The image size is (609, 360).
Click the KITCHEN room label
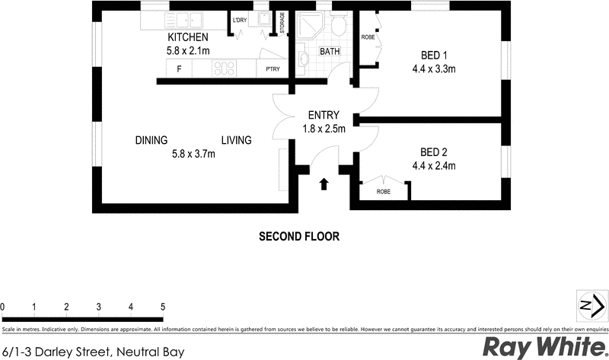tap(187, 37)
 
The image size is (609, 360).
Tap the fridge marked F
tap(179, 69)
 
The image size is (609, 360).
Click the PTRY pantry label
tap(272, 69)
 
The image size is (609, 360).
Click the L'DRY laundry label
tap(240, 21)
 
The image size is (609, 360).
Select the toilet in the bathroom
tap(340, 27)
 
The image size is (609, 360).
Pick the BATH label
tap(330, 52)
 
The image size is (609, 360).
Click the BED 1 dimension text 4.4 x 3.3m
tap(434, 69)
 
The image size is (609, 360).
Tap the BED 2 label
tap(433, 151)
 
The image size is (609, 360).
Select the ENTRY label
tap(324, 116)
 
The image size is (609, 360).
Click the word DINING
tap(151, 140)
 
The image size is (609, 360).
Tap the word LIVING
tap(236, 140)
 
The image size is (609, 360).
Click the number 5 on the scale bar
tap(163, 307)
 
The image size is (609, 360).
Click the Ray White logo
tap(543, 347)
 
